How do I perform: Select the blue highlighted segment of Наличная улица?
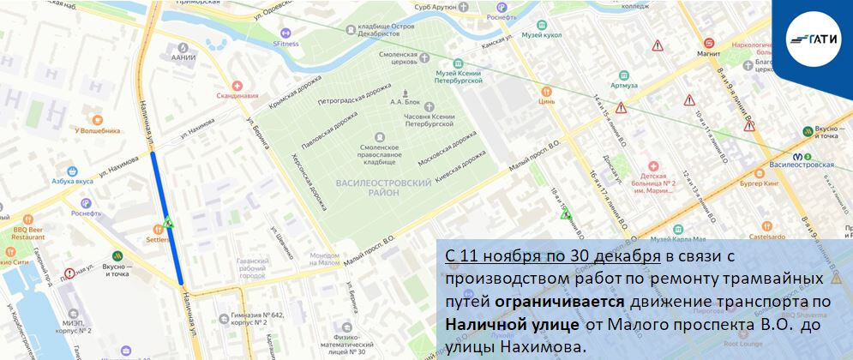click(168, 219)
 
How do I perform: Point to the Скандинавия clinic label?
click(237, 95)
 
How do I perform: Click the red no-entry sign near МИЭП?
click(69, 274)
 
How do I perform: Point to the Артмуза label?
click(624, 85)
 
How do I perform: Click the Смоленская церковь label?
click(399, 58)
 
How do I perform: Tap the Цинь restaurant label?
click(547, 100)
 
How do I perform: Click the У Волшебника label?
click(97, 130)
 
